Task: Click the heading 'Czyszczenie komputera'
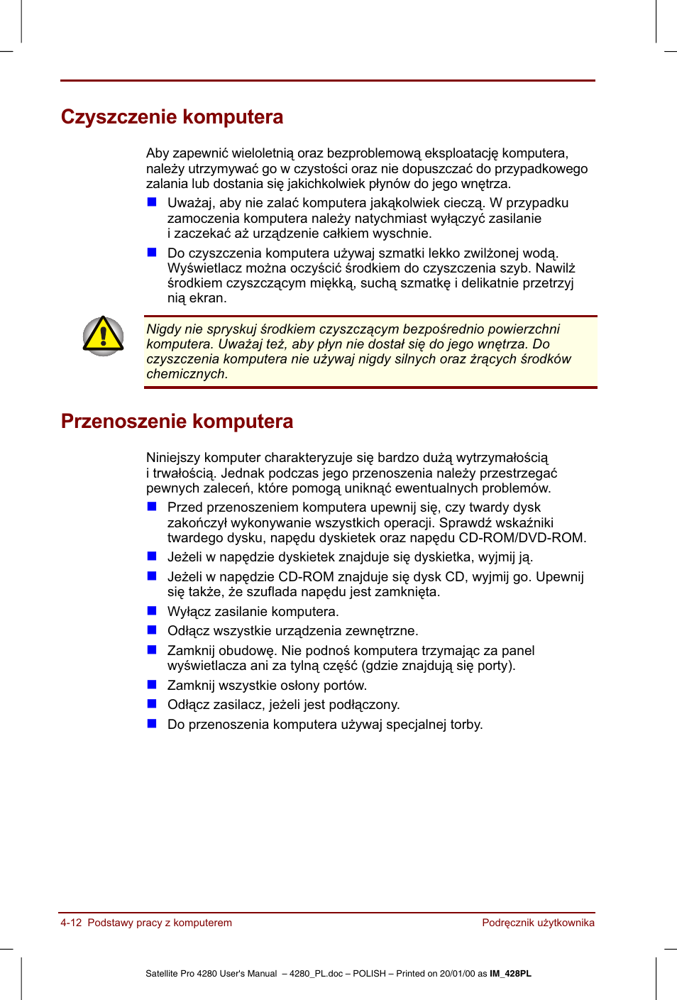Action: [x=172, y=117]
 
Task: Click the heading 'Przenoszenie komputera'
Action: [x=177, y=422]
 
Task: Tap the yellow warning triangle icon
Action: [x=104, y=336]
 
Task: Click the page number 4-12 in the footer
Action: [x=71, y=923]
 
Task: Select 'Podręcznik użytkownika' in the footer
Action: [x=538, y=923]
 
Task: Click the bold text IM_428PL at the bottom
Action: [x=510, y=974]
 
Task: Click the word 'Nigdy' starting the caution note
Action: [x=164, y=329]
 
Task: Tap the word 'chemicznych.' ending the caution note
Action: [x=187, y=374]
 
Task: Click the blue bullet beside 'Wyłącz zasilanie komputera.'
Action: [x=152, y=610]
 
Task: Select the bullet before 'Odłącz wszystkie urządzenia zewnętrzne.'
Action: [x=152, y=630]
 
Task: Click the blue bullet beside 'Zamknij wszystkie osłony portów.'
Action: [x=152, y=684]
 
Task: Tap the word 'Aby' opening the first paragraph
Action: [x=158, y=153]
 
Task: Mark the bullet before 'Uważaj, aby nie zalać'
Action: [x=152, y=202]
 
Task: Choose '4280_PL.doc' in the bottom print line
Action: [x=316, y=974]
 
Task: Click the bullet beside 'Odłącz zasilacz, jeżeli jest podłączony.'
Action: [x=152, y=704]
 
